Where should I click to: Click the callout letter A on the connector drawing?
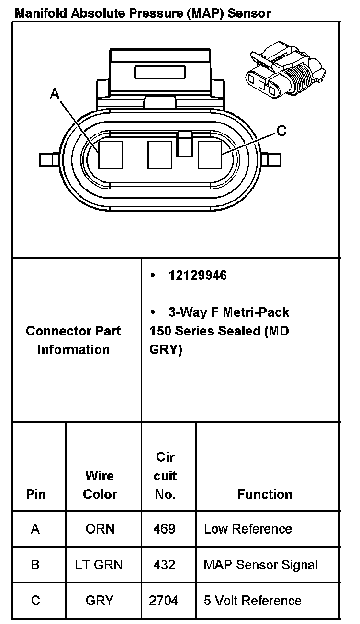pos(55,94)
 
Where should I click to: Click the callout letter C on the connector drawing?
pos(281,130)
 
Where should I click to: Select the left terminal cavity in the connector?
pos(110,155)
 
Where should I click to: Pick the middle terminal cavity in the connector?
pos(160,155)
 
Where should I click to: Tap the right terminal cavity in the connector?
pos(210,155)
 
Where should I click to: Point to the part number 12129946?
pos(198,276)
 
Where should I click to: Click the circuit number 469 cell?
pos(164,529)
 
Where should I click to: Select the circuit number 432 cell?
pos(164,565)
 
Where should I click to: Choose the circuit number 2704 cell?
pos(164,601)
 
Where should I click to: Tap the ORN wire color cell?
pos(100,529)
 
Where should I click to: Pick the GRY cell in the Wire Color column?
pos(100,601)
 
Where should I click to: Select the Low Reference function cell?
pos(248,529)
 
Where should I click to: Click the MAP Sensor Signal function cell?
pos(261,565)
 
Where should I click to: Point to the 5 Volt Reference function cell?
pos(253,601)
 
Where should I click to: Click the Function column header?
pos(265,494)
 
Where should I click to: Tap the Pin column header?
pos(36,494)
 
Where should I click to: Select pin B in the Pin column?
pos(35,565)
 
